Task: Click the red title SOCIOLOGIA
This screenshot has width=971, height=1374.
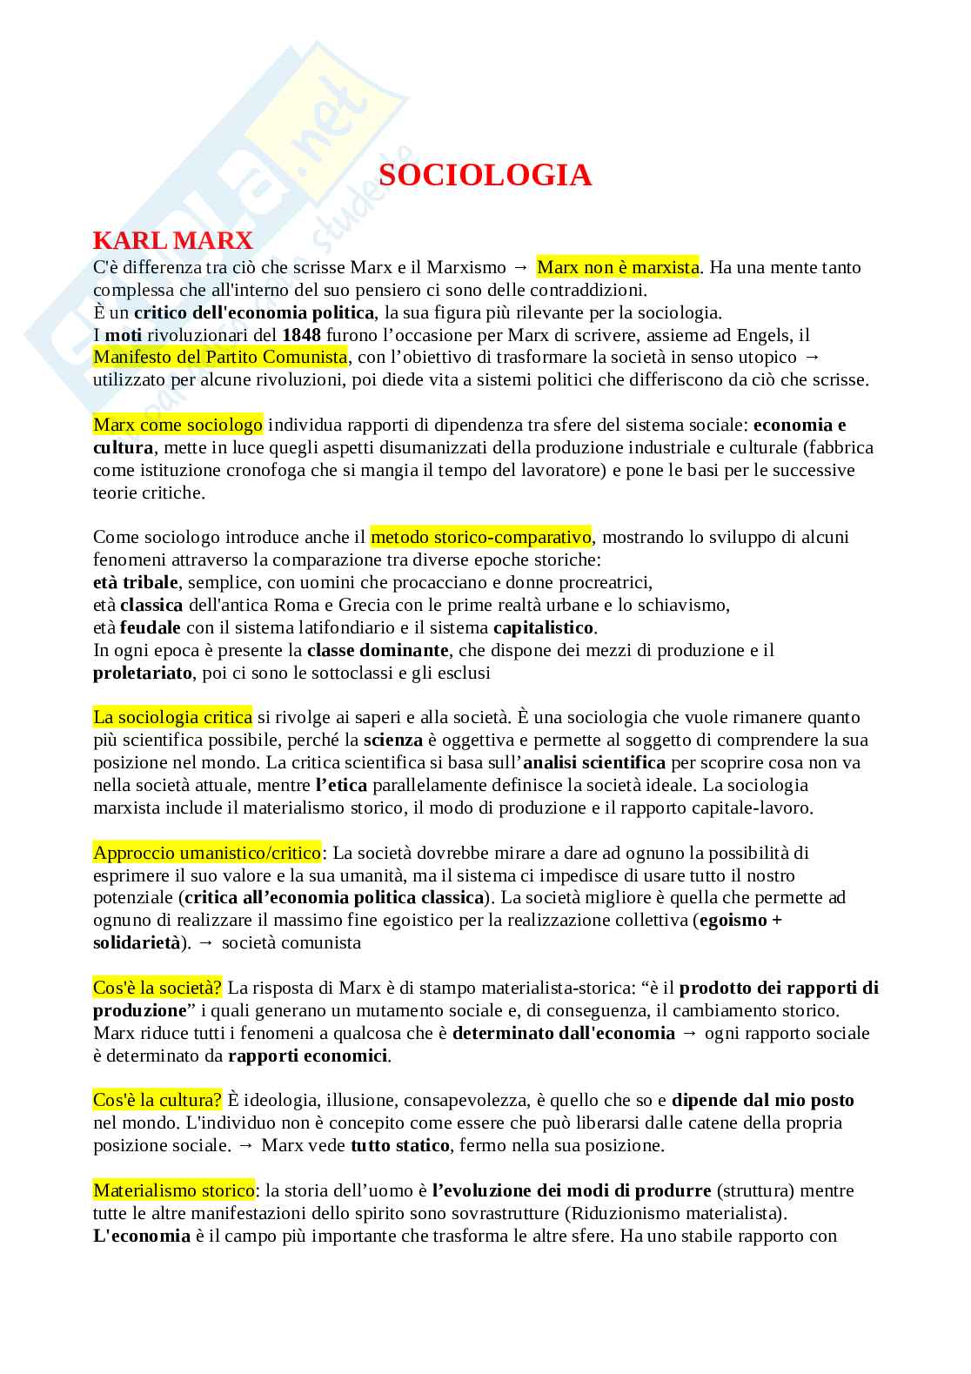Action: point(485,176)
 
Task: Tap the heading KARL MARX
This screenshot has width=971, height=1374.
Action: point(172,239)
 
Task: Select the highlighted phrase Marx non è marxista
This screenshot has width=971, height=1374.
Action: point(617,267)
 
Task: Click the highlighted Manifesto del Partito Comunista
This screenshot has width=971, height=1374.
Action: point(220,358)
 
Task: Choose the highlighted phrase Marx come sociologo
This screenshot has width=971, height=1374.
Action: point(177,426)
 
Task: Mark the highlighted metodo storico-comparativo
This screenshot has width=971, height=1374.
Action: point(480,537)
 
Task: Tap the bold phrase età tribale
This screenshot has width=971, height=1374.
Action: point(135,582)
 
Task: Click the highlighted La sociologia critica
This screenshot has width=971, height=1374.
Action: point(172,718)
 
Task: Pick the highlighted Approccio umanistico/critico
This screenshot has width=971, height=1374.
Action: point(207,853)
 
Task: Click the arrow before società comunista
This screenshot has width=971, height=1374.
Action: point(206,942)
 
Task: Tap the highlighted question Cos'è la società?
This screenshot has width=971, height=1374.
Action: point(157,988)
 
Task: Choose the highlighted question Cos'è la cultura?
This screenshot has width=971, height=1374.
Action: point(157,1100)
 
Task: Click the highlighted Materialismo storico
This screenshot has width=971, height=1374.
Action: point(174,1190)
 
